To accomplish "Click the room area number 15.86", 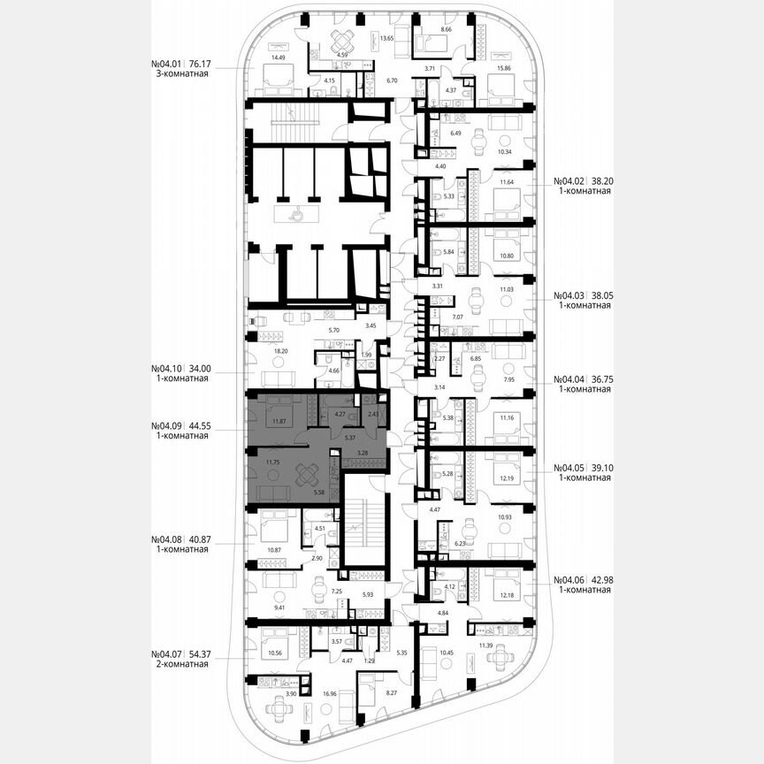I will point(505,67).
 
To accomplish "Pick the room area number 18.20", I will point(258,351).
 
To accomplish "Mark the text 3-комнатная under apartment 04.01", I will point(180,75).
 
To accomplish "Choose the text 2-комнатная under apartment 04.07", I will point(180,664).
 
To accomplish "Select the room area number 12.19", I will point(506,478).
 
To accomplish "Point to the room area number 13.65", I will point(386,39).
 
